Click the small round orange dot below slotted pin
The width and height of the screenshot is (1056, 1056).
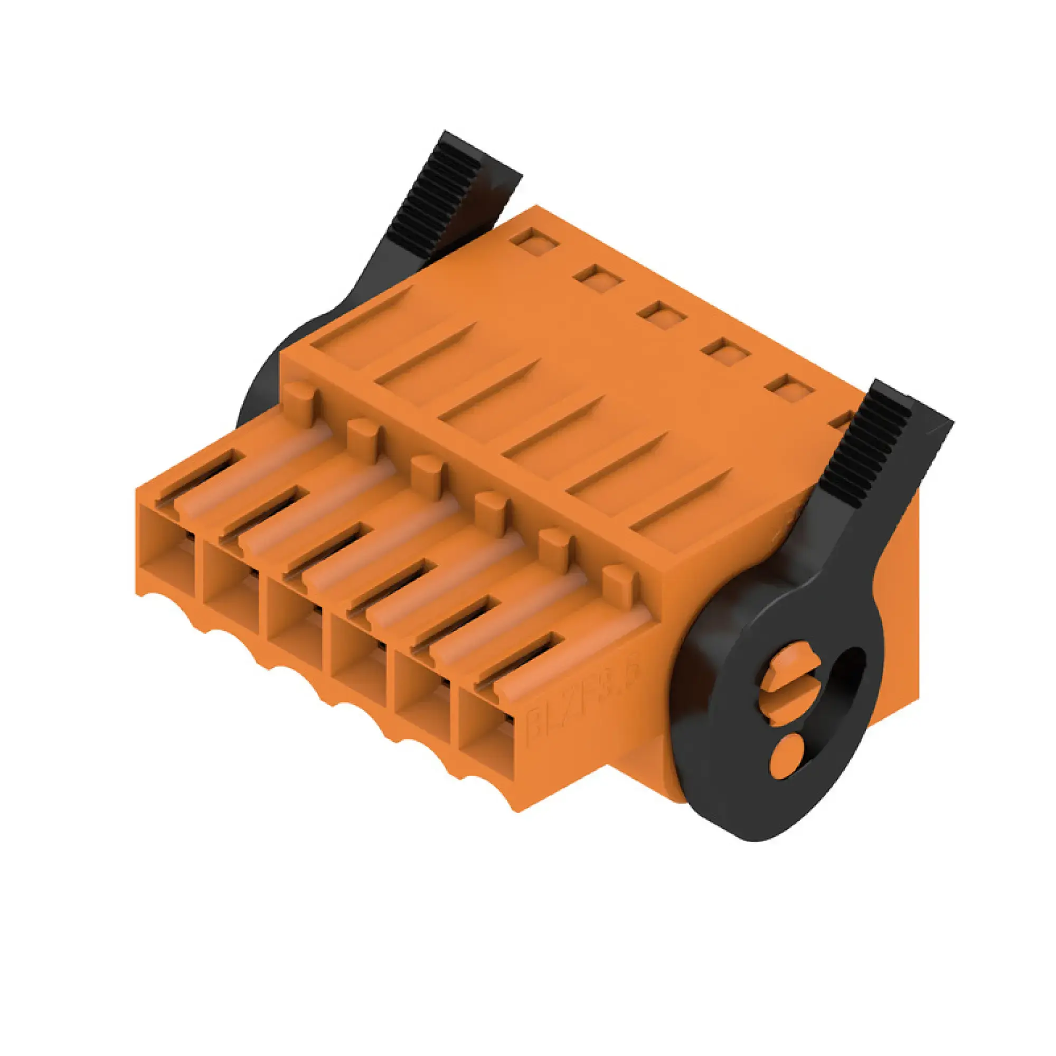786,755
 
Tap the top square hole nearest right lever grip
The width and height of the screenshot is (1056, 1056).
789,388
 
